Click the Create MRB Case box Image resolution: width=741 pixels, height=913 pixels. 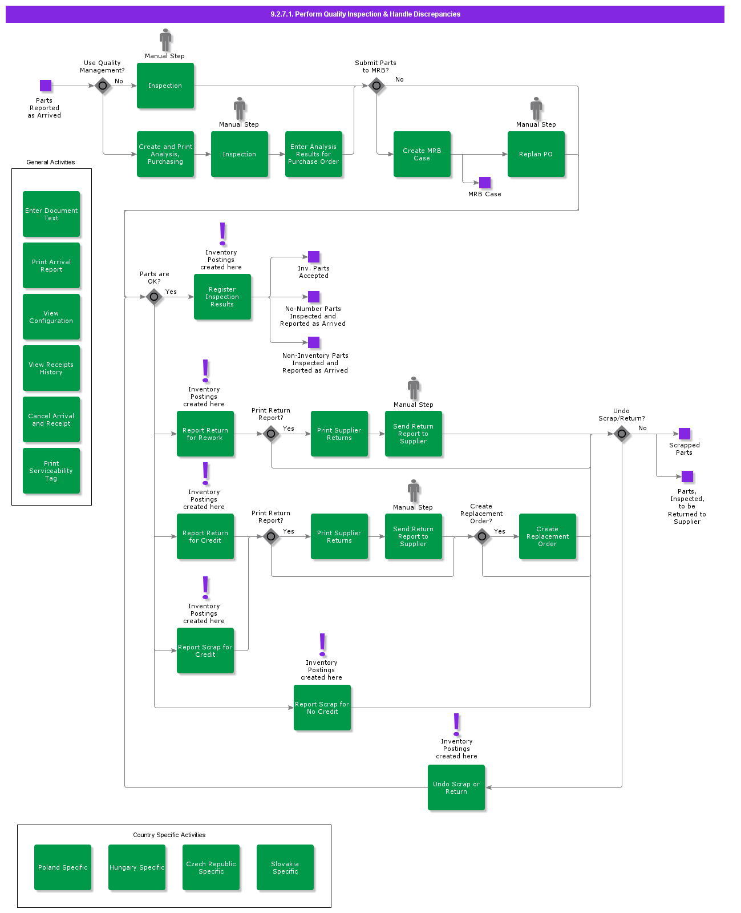click(x=422, y=154)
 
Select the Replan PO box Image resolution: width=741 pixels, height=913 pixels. click(x=536, y=154)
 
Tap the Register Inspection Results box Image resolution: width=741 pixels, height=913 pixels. click(x=222, y=297)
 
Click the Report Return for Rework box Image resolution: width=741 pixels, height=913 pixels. click(x=205, y=434)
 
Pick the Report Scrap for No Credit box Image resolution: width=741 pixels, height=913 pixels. click(x=322, y=708)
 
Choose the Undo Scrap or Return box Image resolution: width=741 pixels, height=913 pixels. click(x=456, y=787)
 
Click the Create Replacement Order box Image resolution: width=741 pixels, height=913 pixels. click(x=547, y=536)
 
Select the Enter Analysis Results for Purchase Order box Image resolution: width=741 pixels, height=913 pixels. click(x=313, y=154)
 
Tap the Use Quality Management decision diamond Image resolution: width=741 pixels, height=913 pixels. click(x=103, y=86)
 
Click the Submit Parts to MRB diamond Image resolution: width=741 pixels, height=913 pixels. click(x=376, y=86)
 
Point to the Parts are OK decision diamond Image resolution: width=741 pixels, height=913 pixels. click(x=154, y=297)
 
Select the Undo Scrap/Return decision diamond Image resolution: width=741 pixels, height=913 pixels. click(x=622, y=434)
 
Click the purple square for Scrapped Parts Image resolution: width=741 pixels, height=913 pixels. click(x=685, y=434)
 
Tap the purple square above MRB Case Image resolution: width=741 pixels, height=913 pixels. click(x=485, y=183)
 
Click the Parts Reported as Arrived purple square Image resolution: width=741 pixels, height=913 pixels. click(x=46, y=86)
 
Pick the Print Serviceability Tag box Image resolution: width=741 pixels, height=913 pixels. click(x=51, y=471)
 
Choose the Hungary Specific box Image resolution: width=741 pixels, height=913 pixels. click(x=137, y=867)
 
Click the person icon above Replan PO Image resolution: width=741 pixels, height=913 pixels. click(x=536, y=108)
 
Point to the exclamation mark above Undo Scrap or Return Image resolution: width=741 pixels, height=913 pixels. click(x=456, y=724)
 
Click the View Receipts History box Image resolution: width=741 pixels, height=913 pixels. click(x=51, y=368)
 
